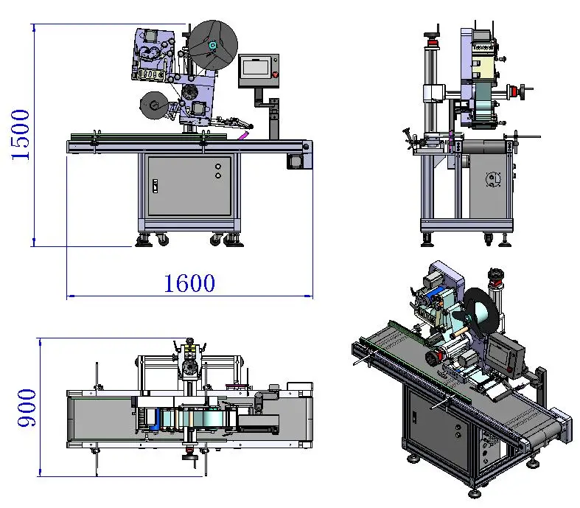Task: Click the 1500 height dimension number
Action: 21,135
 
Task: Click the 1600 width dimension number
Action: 189,283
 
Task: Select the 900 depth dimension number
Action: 27,408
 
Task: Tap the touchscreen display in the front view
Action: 256,68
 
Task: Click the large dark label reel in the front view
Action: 213,45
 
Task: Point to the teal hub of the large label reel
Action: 213,45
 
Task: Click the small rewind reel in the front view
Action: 154,105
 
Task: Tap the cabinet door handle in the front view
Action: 156,186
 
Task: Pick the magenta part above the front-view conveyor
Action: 242,136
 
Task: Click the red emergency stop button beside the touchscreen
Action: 275,74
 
